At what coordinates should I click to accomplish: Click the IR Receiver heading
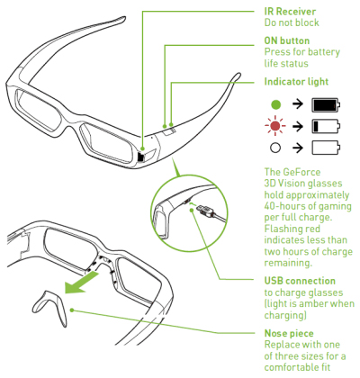(x=290, y=12)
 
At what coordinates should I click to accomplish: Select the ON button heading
(x=286, y=40)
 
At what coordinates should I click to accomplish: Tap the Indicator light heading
(x=296, y=82)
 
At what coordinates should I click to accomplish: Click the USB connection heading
(x=300, y=281)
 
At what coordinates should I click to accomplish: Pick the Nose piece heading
(x=289, y=333)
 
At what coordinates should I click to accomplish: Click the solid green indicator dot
(x=275, y=104)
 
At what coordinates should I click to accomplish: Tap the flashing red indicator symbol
(x=275, y=126)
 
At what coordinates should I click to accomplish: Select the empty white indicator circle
(x=275, y=148)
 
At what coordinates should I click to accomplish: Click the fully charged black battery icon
(x=326, y=105)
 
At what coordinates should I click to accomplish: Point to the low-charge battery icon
(x=326, y=126)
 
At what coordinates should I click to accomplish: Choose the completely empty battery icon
(x=326, y=148)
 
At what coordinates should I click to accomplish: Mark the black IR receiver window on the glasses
(x=140, y=157)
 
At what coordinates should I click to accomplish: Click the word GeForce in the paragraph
(x=301, y=172)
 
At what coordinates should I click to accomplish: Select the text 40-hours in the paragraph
(x=283, y=206)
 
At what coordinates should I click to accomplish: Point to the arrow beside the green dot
(x=298, y=104)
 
